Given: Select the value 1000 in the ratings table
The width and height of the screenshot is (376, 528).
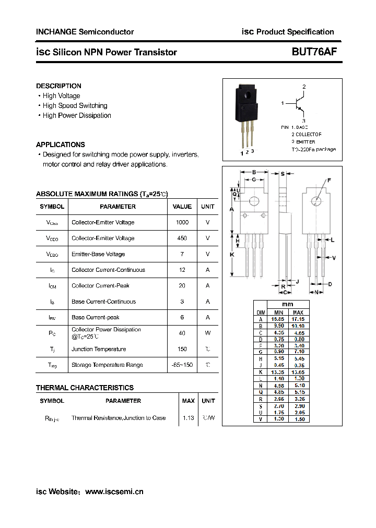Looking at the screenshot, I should click(x=182, y=222).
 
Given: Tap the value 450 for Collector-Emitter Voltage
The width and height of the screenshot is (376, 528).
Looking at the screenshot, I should click(x=182, y=238).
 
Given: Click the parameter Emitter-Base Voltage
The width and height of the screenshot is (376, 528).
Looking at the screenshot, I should click(x=98, y=254).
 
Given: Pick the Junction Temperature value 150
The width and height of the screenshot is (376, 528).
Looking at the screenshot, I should click(x=182, y=349).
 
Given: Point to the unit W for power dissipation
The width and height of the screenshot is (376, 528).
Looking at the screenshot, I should click(x=207, y=333).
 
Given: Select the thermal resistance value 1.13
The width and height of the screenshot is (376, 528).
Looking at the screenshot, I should click(x=188, y=418).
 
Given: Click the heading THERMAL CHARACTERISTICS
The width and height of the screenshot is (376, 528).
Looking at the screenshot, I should click(x=85, y=388).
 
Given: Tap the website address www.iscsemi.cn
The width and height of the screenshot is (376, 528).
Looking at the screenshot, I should click(x=114, y=491).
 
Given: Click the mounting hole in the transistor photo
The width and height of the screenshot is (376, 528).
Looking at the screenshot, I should click(x=247, y=94).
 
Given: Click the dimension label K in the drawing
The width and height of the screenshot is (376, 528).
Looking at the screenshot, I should click(x=232, y=255).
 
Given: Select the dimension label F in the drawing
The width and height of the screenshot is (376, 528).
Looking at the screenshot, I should click(x=329, y=181).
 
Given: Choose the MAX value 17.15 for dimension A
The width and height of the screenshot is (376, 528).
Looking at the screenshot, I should click(x=298, y=319).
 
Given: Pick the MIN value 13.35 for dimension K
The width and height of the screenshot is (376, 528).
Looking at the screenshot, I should click(x=277, y=372).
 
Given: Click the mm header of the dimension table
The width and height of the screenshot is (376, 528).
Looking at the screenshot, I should click(x=288, y=304).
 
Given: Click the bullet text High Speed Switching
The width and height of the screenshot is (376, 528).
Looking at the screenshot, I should click(x=75, y=105).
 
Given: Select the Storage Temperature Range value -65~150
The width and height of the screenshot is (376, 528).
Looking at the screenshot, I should click(x=182, y=365).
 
